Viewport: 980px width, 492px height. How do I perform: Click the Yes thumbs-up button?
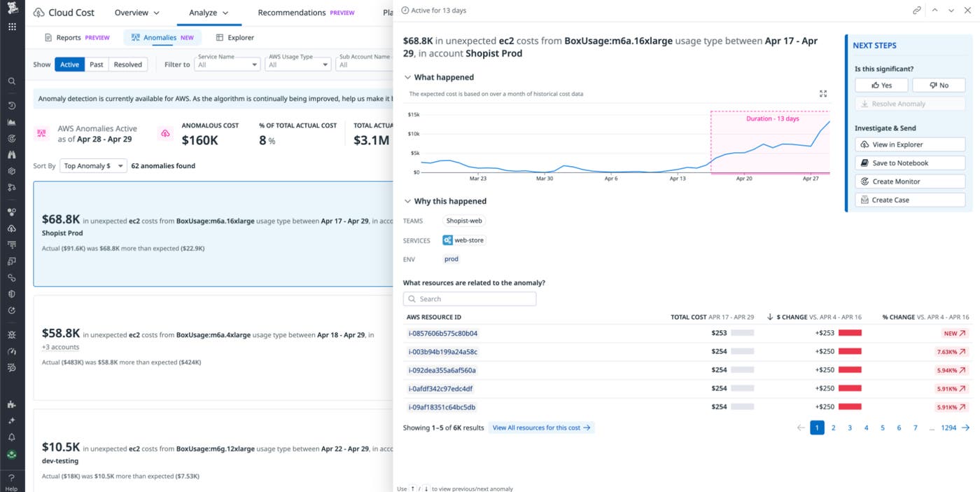pyautogui.click(x=881, y=85)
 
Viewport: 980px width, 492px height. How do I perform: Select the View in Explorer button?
pyautogui.click(x=910, y=144)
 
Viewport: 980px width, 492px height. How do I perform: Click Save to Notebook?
pyautogui.click(x=910, y=163)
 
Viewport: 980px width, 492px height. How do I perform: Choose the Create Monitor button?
pyautogui.click(x=910, y=182)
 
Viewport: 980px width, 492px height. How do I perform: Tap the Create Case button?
pyautogui.click(x=910, y=200)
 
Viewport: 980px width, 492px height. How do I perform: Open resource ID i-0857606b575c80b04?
pyautogui.click(x=442, y=334)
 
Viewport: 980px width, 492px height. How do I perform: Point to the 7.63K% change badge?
pyautogui.click(x=951, y=352)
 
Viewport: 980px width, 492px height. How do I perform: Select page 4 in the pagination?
pyautogui.click(x=866, y=428)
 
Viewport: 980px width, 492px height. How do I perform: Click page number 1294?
pyautogui.click(x=948, y=428)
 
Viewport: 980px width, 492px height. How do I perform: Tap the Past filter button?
pyautogui.click(x=97, y=64)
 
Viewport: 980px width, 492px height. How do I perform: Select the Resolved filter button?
pyautogui.click(x=128, y=64)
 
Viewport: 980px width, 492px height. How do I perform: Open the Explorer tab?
pyautogui.click(x=235, y=38)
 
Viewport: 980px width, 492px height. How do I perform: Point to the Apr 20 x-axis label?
pyautogui.click(x=744, y=179)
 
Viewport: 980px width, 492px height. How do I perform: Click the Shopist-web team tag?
pyautogui.click(x=465, y=221)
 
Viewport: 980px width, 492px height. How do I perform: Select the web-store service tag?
pyautogui.click(x=464, y=240)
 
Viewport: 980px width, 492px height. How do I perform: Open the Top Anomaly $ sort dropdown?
pyautogui.click(x=92, y=166)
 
